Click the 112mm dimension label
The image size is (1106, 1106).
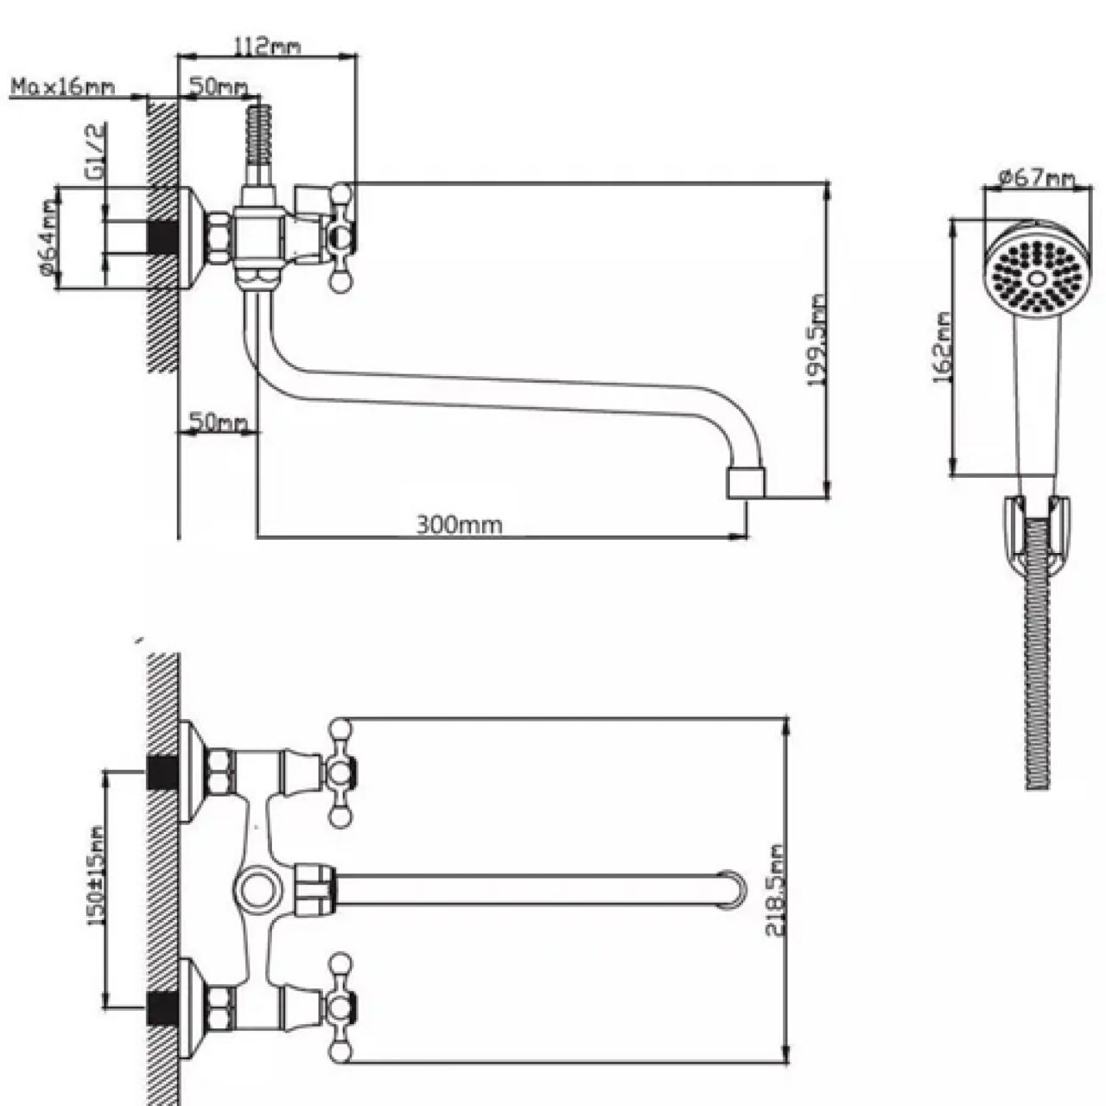coord(268,46)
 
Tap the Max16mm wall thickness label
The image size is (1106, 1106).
coord(63,88)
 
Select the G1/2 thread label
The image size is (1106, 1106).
coord(97,151)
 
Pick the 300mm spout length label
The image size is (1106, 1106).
coord(459,524)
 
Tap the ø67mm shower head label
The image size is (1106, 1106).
coord(1037,179)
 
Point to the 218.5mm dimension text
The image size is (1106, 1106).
coord(776,890)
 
